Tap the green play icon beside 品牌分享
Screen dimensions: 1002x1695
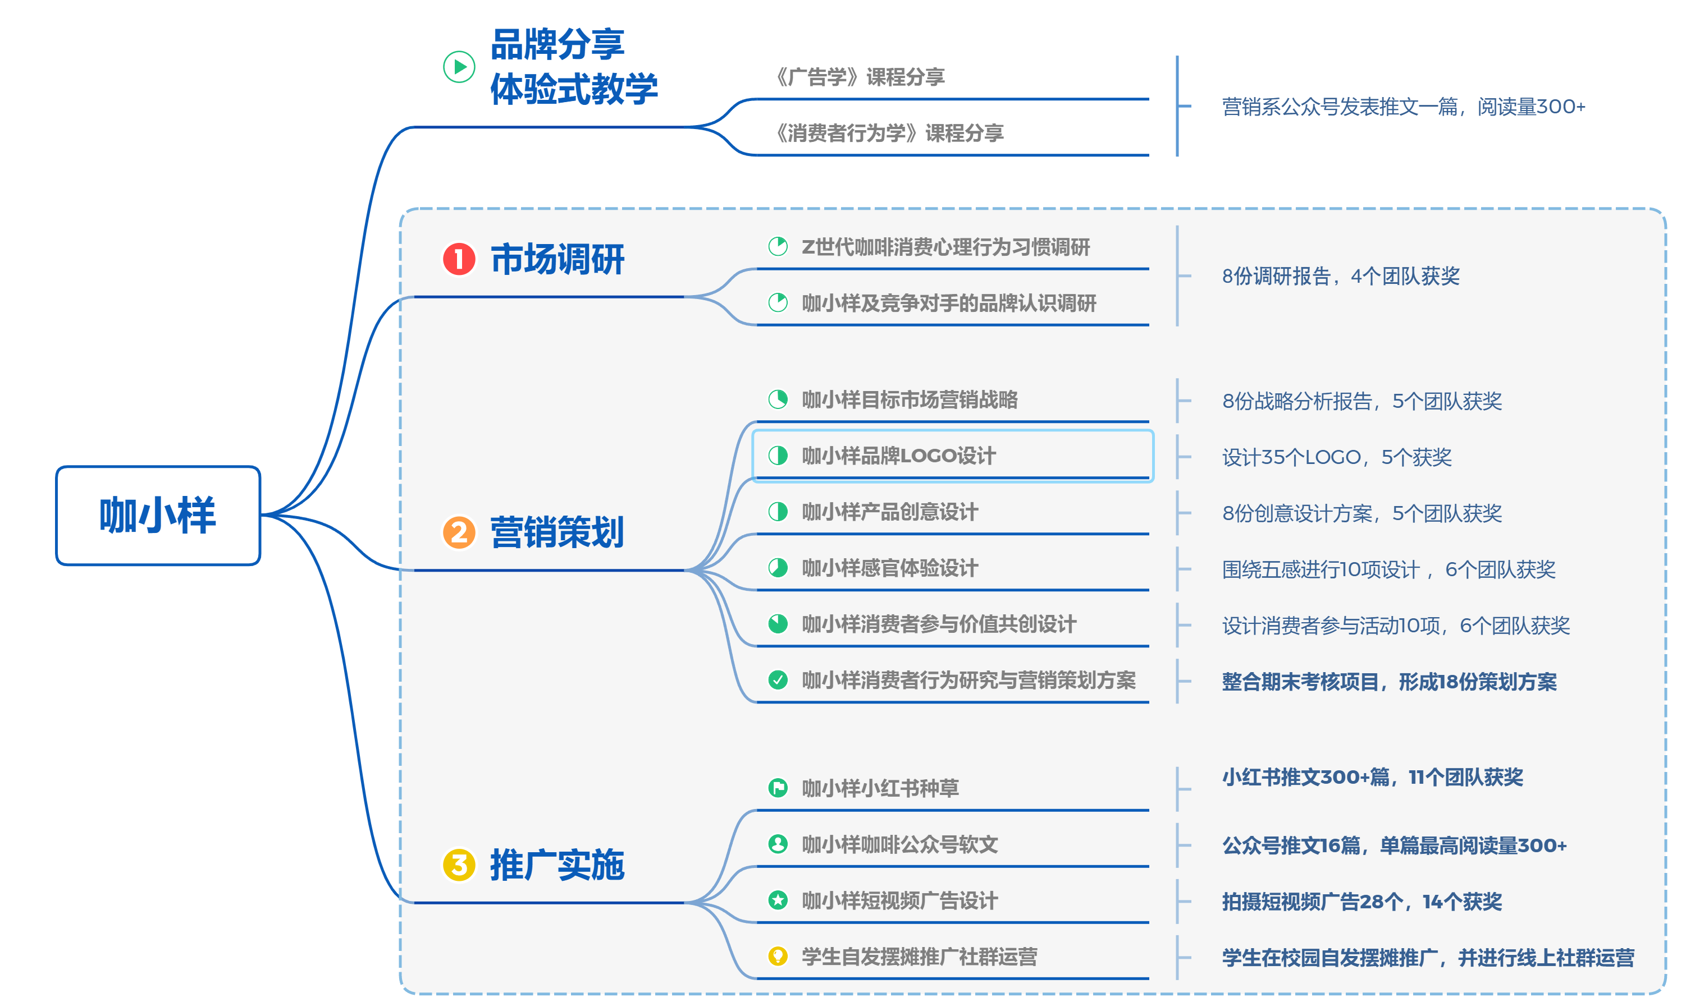point(459,67)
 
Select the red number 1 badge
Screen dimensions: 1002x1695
point(459,259)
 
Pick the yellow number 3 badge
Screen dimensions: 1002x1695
point(459,865)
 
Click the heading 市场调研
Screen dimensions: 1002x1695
point(558,259)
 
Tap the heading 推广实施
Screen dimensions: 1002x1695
point(558,865)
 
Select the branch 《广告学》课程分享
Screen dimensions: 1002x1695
point(860,77)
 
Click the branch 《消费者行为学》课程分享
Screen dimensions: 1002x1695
point(890,134)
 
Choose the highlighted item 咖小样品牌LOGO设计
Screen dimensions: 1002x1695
point(898,456)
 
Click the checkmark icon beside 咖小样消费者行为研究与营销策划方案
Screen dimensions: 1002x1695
point(778,680)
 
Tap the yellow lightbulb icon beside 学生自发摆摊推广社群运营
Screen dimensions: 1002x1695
point(778,956)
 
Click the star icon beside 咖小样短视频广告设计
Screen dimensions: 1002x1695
point(778,900)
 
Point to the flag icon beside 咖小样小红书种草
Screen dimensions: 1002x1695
point(778,788)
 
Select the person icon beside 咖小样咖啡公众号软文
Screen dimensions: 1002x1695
point(778,844)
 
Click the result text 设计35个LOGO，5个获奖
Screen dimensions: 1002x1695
point(1336,458)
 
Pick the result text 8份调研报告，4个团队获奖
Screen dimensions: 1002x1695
point(1340,276)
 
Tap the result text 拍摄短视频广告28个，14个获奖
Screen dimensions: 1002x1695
point(1362,902)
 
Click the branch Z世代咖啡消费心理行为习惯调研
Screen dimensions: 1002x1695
point(945,247)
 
